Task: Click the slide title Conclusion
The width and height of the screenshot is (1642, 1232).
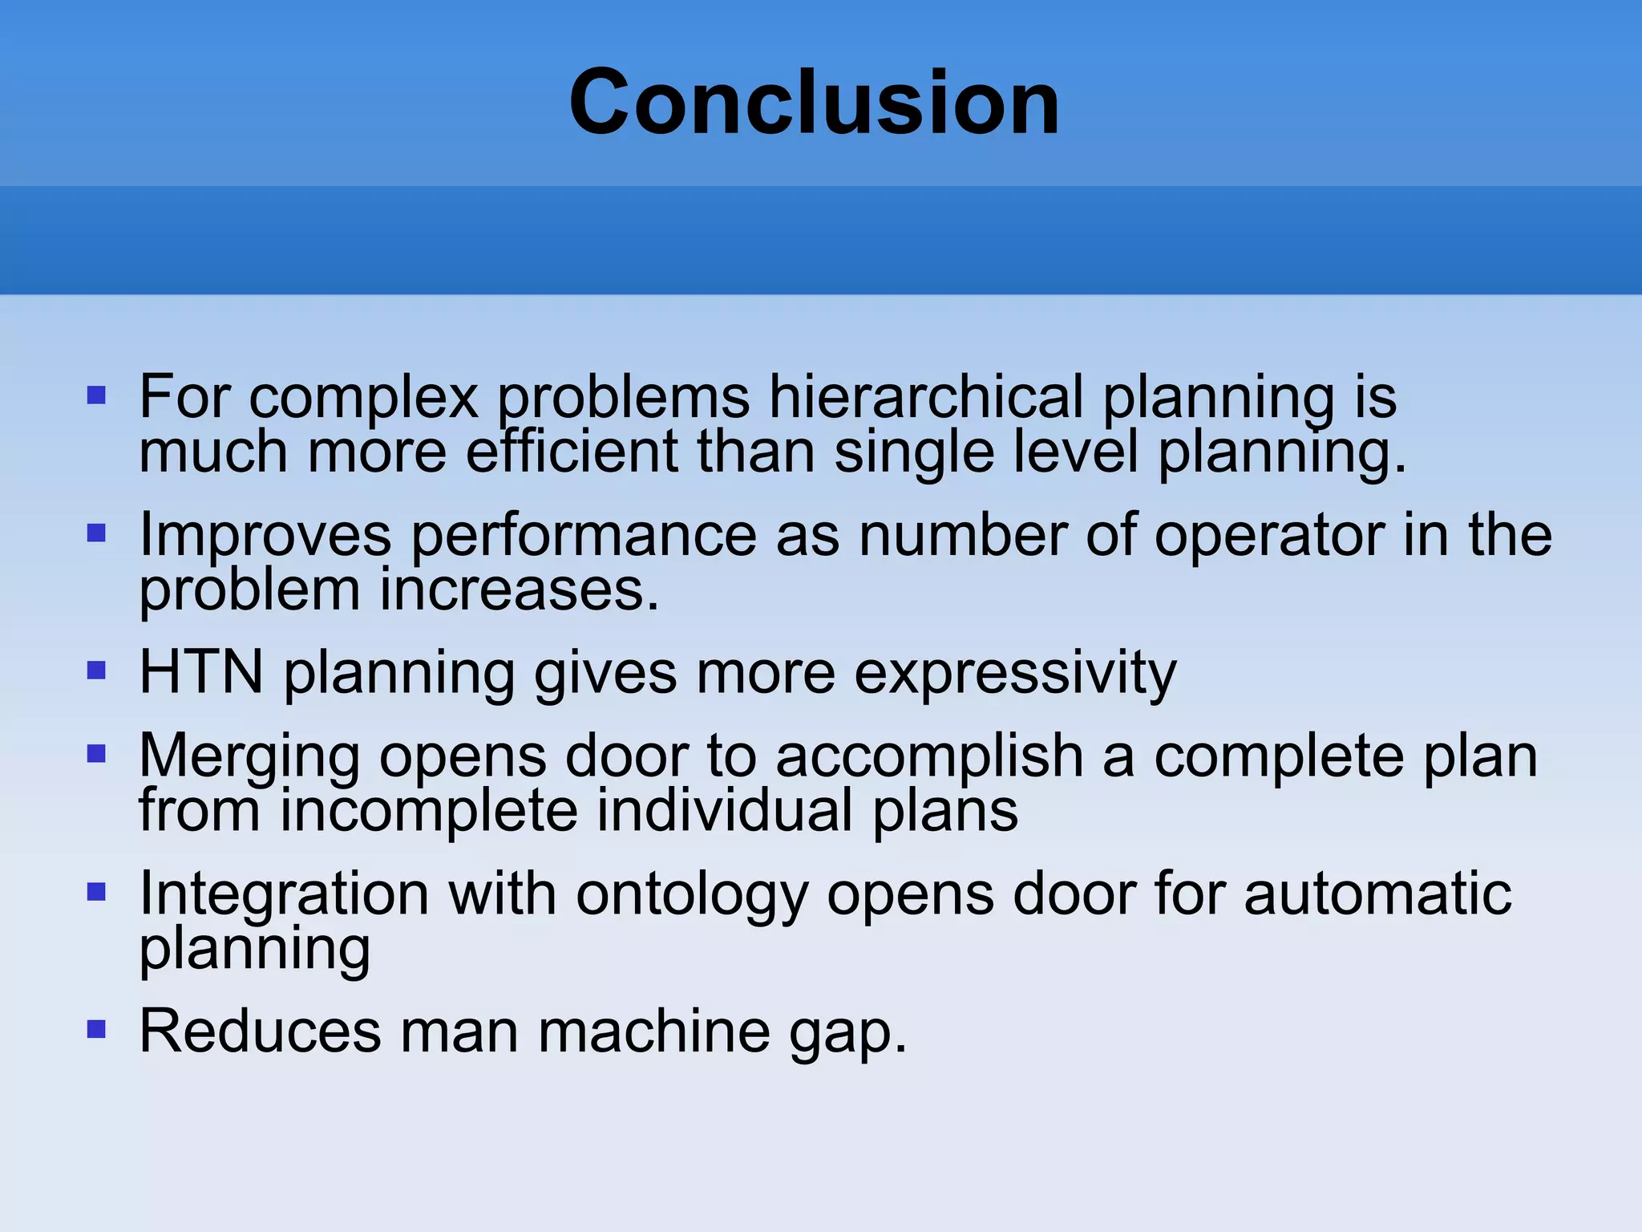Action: click(x=814, y=103)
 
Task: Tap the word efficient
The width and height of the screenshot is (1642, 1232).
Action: click(x=572, y=452)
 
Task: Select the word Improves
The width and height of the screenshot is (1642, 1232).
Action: click(x=265, y=535)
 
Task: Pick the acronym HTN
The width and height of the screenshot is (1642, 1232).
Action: click(x=201, y=672)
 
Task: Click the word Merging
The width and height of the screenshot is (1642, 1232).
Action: click(x=249, y=757)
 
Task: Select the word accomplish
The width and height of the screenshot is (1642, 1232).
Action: click(x=929, y=757)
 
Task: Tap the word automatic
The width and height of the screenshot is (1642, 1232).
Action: click(x=1377, y=894)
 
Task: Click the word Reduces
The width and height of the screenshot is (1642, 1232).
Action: click(x=260, y=1031)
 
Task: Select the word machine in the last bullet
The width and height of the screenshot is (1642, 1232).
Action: click(x=653, y=1031)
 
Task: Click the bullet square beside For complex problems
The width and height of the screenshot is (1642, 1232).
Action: click(x=96, y=395)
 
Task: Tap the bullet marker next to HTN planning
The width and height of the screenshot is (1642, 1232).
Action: click(x=96, y=670)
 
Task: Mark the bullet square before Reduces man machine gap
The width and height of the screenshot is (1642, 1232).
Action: click(x=96, y=1029)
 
